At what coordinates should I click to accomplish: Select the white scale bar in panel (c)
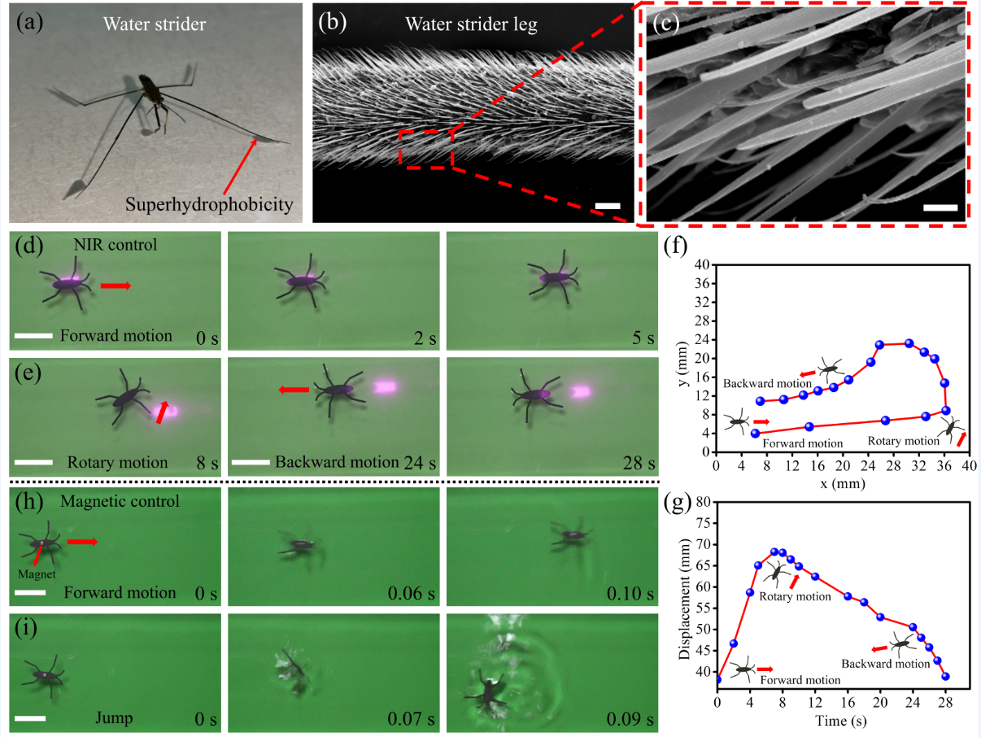pyautogui.click(x=940, y=207)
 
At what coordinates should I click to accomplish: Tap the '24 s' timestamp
pyautogui.click(x=420, y=463)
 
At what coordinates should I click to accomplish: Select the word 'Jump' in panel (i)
pyautogui.click(x=114, y=717)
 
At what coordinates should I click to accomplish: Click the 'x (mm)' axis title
pyautogui.click(x=839, y=483)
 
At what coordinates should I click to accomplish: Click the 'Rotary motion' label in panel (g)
pyautogui.click(x=794, y=596)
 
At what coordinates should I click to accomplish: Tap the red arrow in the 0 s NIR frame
pyautogui.click(x=115, y=286)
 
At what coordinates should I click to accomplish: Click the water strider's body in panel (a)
pyautogui.click(x=150, y=90)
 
